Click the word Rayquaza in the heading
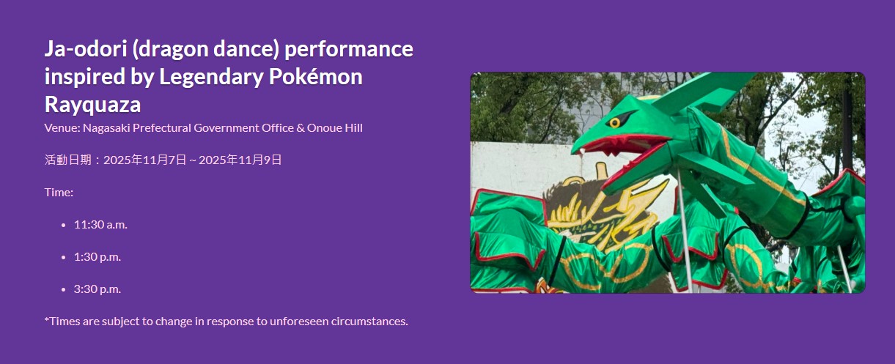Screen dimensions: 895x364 coord(92,105)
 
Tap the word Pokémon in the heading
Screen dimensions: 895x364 coord(316,77)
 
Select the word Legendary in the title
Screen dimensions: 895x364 coord(211,78)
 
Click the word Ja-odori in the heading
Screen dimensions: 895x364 coord(86,49)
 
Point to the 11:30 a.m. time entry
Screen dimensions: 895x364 coord(100,225)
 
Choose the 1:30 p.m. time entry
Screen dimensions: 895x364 coord(97,257)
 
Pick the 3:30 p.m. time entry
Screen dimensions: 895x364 coord(97,289)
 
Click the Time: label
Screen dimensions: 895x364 coord(59,193)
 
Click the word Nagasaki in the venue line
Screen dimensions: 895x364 coord(106,128)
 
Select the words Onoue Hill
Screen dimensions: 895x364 coord(335,128)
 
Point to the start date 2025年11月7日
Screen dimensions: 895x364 coord(145,160)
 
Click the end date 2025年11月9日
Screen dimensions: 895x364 coord(240,160)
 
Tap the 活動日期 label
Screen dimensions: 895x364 coord(68,160)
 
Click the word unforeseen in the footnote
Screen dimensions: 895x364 coord(299,322)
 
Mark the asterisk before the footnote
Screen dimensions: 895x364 coord(47,319)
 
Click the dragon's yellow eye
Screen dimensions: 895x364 coord(614,122)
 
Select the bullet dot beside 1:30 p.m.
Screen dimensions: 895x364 coord(64,257)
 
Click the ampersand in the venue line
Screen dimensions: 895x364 coord(301,128)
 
